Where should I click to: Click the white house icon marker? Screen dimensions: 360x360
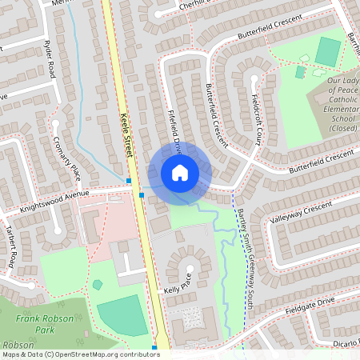click(x=180, y=172)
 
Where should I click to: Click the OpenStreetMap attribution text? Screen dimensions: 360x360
click(x=80, y=354)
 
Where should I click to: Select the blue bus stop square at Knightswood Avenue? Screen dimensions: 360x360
click(x=142, y=194)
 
